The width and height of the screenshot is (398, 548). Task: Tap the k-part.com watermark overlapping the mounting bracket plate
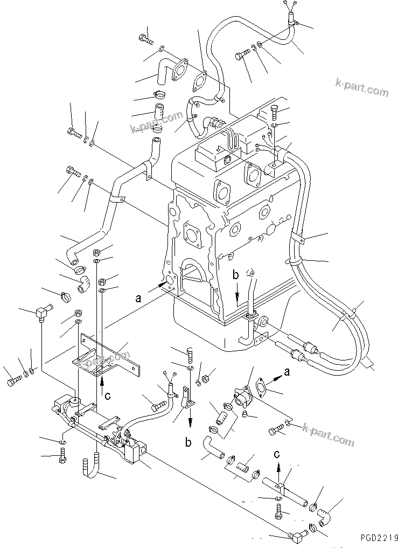pyautogui.click(x=104, y=361)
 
